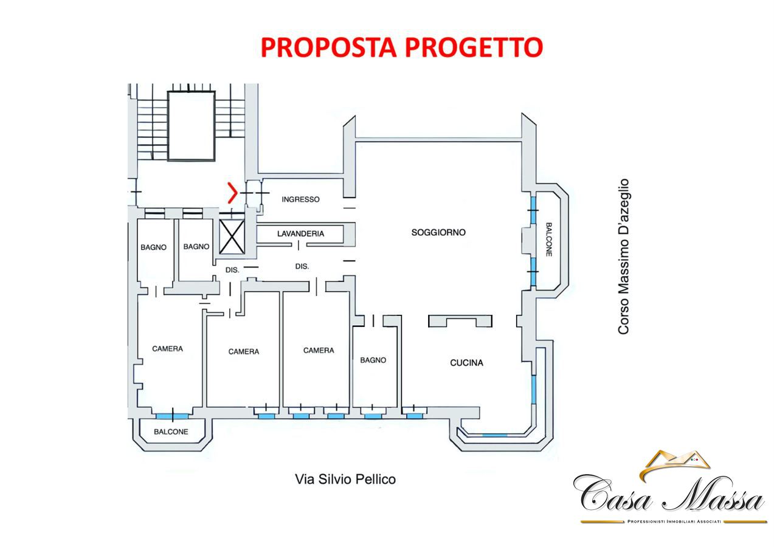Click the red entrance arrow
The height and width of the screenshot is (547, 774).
[233, 193]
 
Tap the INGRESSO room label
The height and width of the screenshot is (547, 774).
[300, 199]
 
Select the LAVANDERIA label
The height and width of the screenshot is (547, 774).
[300, 234]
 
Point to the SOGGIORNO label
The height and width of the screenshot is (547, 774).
[438, 232]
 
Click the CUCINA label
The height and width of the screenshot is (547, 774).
[466, 363]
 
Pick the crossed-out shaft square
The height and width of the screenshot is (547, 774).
[232, 237]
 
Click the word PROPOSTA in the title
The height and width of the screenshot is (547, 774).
[328, 47]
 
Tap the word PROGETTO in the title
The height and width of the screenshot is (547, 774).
[474, 47]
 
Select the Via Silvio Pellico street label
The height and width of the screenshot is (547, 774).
[345, 480]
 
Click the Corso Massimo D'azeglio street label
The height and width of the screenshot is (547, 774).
[623, 256]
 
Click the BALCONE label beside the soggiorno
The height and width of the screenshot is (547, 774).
[548, 239]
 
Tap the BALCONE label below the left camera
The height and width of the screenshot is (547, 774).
[171, 432]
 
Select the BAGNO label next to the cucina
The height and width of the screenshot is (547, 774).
[373, 360]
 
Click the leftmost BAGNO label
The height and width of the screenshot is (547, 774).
[153, 247]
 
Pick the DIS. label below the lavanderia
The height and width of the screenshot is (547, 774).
[302, 266]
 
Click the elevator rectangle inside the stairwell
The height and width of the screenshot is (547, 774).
[192, 126]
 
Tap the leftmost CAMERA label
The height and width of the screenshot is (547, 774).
[168, 349]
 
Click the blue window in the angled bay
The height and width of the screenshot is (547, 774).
[494, 435]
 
